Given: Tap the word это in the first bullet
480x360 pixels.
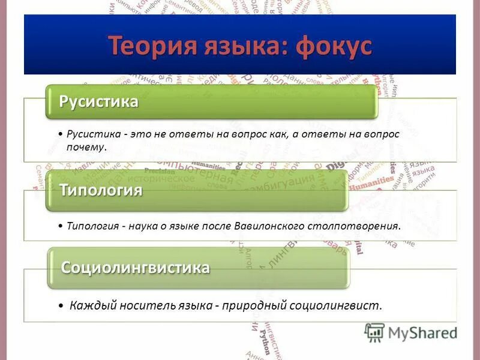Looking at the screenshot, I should tap(136, 134).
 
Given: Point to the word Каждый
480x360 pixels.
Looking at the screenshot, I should tap(90, 305).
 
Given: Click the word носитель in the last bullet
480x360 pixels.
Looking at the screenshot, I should tap(142, 305).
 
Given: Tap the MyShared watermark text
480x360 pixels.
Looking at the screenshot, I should tap(423, 334).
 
